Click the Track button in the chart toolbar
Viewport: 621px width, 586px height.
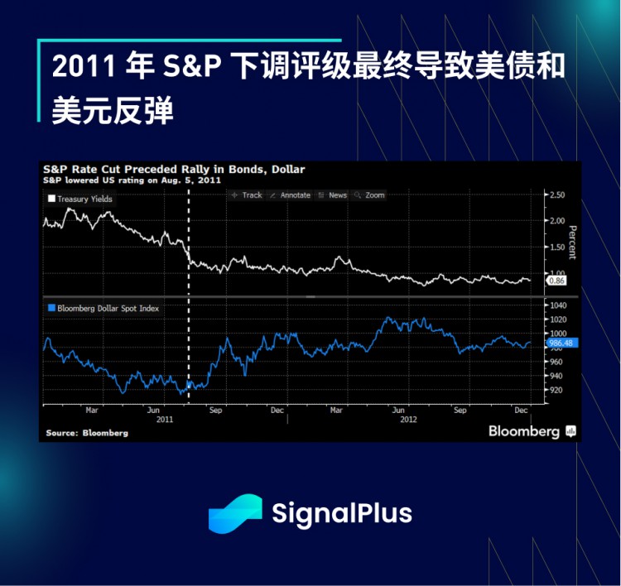[x=246, y=195]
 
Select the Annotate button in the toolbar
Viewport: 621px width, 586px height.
[x=289, y=195]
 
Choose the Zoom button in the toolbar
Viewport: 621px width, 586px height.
[x=369, y=195]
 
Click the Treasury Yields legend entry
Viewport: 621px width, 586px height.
[x=80, y=199]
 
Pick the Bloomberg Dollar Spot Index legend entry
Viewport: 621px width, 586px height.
[x=103, y=308]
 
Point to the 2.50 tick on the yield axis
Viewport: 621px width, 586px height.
[x=556, y=195]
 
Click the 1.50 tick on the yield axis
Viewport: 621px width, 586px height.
[x=556, y=247]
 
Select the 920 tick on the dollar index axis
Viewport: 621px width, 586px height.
[x=555, y=390]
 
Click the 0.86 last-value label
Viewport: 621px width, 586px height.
[x=557, y=281]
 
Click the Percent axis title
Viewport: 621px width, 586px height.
[x=572, y=240]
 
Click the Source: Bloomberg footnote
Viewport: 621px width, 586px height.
[x=87, y=433]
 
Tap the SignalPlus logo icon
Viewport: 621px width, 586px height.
[x=234, y=512]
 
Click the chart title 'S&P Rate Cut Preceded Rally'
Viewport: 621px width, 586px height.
[x=175, y=169]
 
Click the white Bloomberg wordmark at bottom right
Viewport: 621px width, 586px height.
[x=523, y=431]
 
